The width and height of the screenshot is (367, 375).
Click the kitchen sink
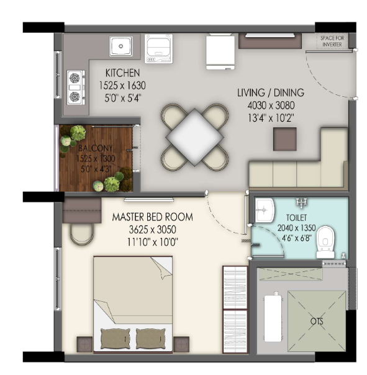click(120, 46)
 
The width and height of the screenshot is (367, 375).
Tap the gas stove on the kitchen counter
click(76, 88)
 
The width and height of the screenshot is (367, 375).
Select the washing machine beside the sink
click(158, 48)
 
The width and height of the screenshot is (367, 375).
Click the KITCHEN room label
click(122, 73)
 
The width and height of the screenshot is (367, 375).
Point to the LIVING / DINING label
click(271, 93)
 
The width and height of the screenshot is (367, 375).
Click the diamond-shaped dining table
click(194, 137)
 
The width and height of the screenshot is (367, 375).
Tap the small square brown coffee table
click(284, 139)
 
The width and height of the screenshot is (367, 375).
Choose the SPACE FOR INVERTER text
click(332, 41)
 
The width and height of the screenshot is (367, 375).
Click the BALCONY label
click(96, 148)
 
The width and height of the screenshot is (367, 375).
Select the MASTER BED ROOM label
click(152, 217)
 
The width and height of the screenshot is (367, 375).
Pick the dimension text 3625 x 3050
click(152, 230)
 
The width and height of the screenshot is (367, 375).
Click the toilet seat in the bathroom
click(325, 242)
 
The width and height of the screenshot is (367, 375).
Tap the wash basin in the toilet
click(264, 210)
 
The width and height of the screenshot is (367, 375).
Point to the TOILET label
click(296, 218)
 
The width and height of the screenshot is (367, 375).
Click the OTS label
click(317, 321)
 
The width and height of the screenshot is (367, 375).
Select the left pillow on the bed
click(116, 338)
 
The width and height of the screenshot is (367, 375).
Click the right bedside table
click(181, 345)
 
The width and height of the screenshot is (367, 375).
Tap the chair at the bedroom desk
click(81, 234)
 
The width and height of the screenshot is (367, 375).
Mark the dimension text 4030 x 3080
click(271, 105)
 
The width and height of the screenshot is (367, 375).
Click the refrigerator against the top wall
click(220, 52)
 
